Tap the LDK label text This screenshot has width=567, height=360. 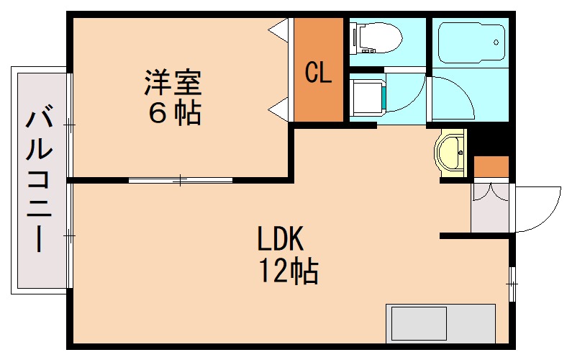coord(283,238)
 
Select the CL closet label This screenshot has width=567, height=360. coord(318,72)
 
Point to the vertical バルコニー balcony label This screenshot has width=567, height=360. coord(40,180)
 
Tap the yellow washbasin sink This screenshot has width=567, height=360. coord(451,151)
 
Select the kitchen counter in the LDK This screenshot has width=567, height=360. coord(440,322)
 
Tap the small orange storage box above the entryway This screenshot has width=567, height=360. coord(491,167)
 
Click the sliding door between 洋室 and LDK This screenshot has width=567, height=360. coord(180,179)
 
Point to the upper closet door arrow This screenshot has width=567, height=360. coord(280,30)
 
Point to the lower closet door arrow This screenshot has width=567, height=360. coord(280,110)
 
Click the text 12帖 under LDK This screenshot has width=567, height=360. coord(289,271)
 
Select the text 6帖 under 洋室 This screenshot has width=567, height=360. coord(174,113)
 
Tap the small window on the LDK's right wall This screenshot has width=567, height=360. coord(512,284)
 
